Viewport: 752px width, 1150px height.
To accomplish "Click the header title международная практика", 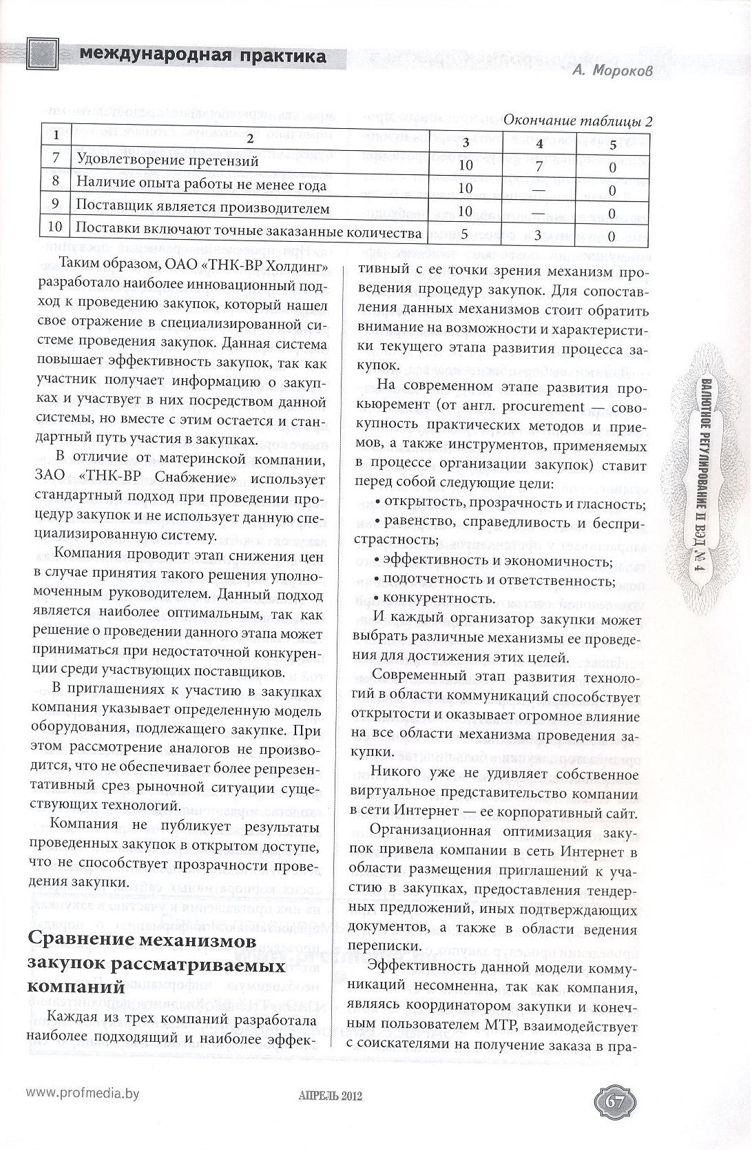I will point(202,56).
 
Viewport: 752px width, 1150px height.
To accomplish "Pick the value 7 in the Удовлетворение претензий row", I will point(539,165).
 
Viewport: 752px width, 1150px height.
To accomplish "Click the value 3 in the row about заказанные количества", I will point(539,234).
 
